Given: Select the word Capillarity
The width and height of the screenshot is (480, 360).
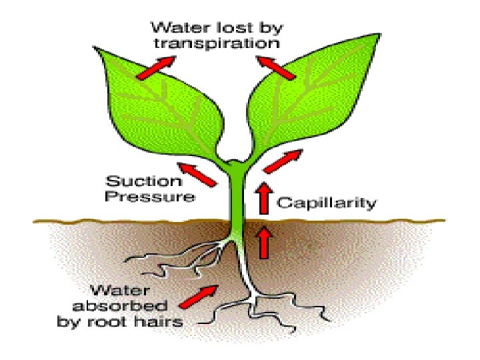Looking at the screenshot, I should (x=327, y=202).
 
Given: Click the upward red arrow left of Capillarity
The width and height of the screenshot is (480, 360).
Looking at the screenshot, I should (x=265, y=197).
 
